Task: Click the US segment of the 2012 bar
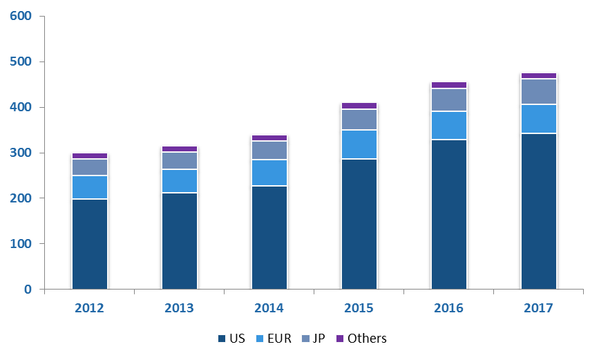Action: [x=90, y=244]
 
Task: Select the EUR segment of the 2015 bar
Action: [x=359, y=144]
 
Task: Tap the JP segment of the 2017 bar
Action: [x=539, y=92]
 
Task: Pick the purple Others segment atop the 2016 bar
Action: [x=449, y=85]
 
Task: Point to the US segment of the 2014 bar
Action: [x=269, y=237]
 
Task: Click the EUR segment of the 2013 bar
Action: [x=180, y=181]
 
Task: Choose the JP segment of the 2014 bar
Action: [x=269, y=151]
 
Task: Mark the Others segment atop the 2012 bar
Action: [x=90, y=156]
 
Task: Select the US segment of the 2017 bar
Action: [x=539, y=211]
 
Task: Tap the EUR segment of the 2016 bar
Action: [x=449, y=126]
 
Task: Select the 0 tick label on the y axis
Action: [x=28, y=290]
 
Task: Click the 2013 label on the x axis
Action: [x=180, y=308]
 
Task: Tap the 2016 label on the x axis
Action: [x=449, y=308]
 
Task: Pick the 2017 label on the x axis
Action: [x=539, y=308]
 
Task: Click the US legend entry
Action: [x=231, y=339]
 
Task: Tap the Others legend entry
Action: [x=361, y=339]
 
